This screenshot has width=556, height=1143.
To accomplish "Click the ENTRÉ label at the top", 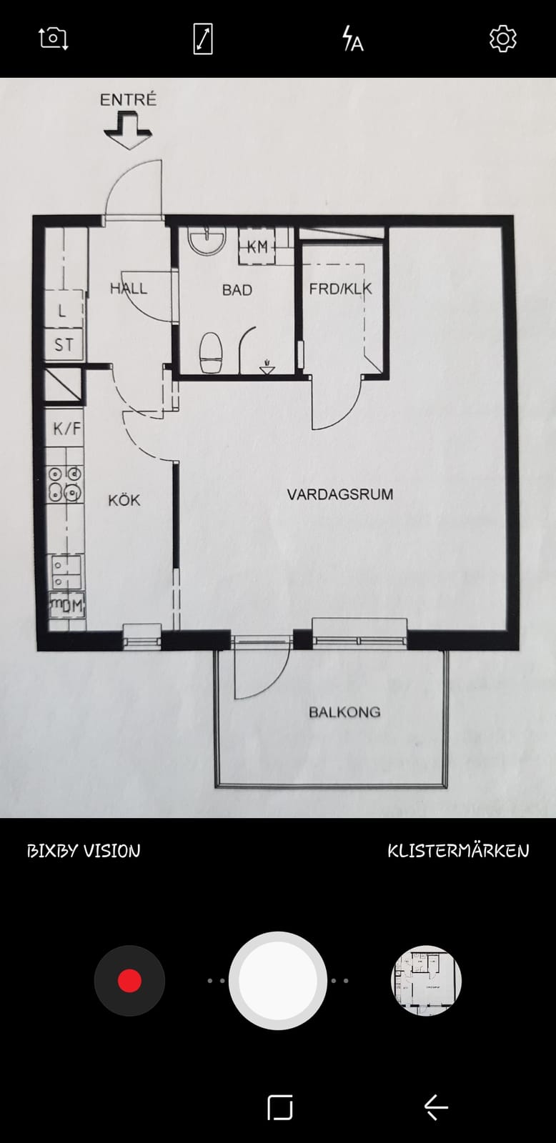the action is click(128, 99).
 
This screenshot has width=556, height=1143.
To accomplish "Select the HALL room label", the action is click(129, 289).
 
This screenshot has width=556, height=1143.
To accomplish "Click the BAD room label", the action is click(237, 290).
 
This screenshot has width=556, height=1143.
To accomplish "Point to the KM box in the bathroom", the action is click(257, 246).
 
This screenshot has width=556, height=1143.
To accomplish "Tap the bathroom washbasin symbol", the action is click(207, 240).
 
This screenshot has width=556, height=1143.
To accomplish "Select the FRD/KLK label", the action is click(341, 289).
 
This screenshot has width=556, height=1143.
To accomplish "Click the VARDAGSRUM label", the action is click(340, 494).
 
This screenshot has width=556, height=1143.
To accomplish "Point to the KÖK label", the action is click(124, 499).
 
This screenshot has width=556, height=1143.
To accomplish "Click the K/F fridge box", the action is click(65, 428).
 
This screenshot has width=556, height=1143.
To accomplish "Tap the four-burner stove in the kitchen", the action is click(65, 484).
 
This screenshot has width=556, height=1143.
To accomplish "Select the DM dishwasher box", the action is click(67, 606).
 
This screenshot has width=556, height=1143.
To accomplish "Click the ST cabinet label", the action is click(64, 345).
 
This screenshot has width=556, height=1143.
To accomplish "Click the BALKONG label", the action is click(344, 712).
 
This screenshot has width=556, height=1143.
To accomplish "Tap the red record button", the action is click(129, 980).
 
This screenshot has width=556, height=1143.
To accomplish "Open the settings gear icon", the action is click(503, 39).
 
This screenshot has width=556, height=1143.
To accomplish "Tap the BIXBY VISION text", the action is click(84, 851).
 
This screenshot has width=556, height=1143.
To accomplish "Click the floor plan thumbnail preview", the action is click(427, 980).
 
